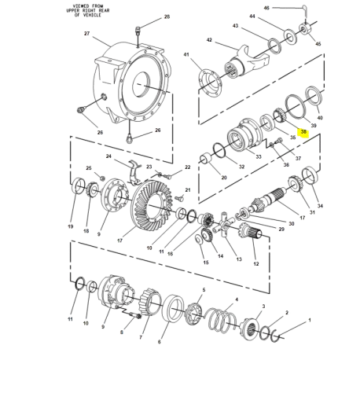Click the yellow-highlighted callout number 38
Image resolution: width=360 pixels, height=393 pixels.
[x=303, y=132]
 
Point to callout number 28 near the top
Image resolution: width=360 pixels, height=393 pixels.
[x=167, y=17]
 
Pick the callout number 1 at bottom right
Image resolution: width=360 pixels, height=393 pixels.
[x=309, y=321]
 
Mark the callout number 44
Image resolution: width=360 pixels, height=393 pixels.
[x=252, y=16]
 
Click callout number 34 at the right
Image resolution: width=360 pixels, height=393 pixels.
[x=319, y=206]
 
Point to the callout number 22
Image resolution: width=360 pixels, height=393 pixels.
[x=187, y=167]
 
